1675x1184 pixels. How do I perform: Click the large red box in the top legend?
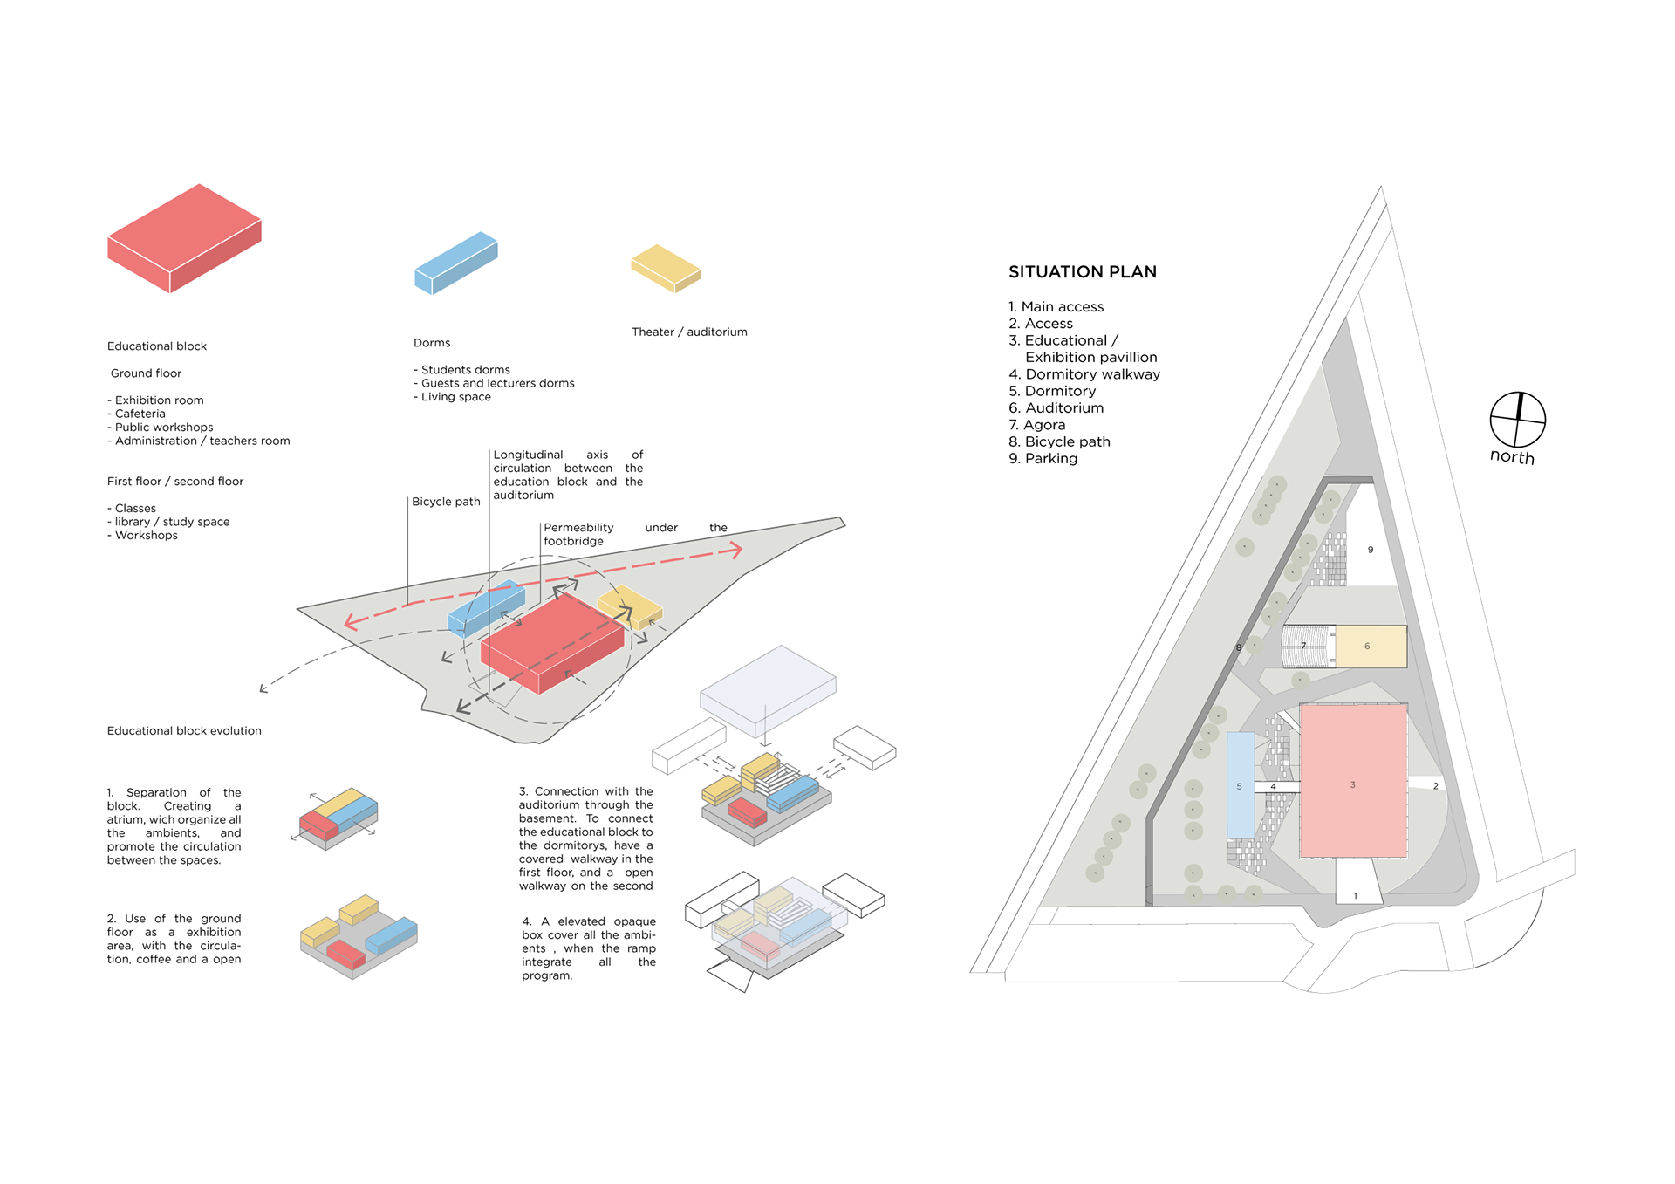[184, 237]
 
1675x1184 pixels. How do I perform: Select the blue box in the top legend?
[455, 262]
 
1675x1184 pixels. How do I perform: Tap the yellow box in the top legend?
[666, 267]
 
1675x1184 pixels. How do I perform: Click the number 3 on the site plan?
[1352, 784]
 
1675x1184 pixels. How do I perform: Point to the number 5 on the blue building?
[1239, 786]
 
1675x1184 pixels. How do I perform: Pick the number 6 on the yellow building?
[1367, 647]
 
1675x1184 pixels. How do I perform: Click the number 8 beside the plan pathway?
[1239, 647]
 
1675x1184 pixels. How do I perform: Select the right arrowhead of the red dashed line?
[737, 550]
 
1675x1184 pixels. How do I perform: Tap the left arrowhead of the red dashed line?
[350, 622]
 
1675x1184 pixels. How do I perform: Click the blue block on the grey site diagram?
[486, 606]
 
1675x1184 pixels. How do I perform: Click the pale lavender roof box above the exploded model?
[768, 688]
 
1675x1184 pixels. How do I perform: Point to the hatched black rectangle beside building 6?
[1306, 647]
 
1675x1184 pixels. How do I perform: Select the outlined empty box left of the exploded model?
[688, 746]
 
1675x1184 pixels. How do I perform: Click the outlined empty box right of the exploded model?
[865, 748]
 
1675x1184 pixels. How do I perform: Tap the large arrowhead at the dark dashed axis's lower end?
[462, 706]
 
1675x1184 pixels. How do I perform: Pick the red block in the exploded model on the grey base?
[747, 811]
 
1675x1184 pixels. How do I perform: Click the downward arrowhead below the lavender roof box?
[765, 743]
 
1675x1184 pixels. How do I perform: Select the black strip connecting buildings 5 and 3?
[1276, 786]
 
